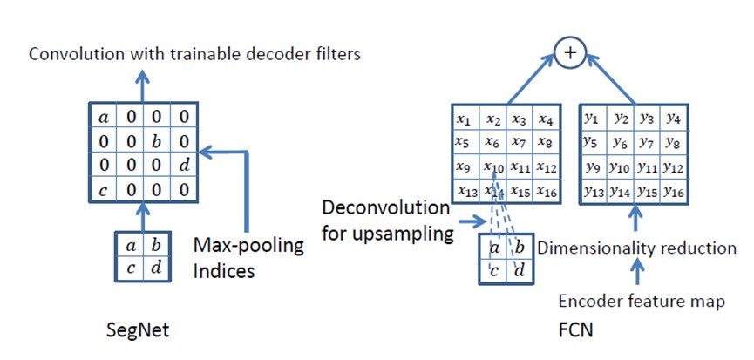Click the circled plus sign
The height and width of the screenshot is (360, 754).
570,54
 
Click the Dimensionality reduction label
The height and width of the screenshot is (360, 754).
636,248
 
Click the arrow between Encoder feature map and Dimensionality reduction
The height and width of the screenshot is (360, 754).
637,275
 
